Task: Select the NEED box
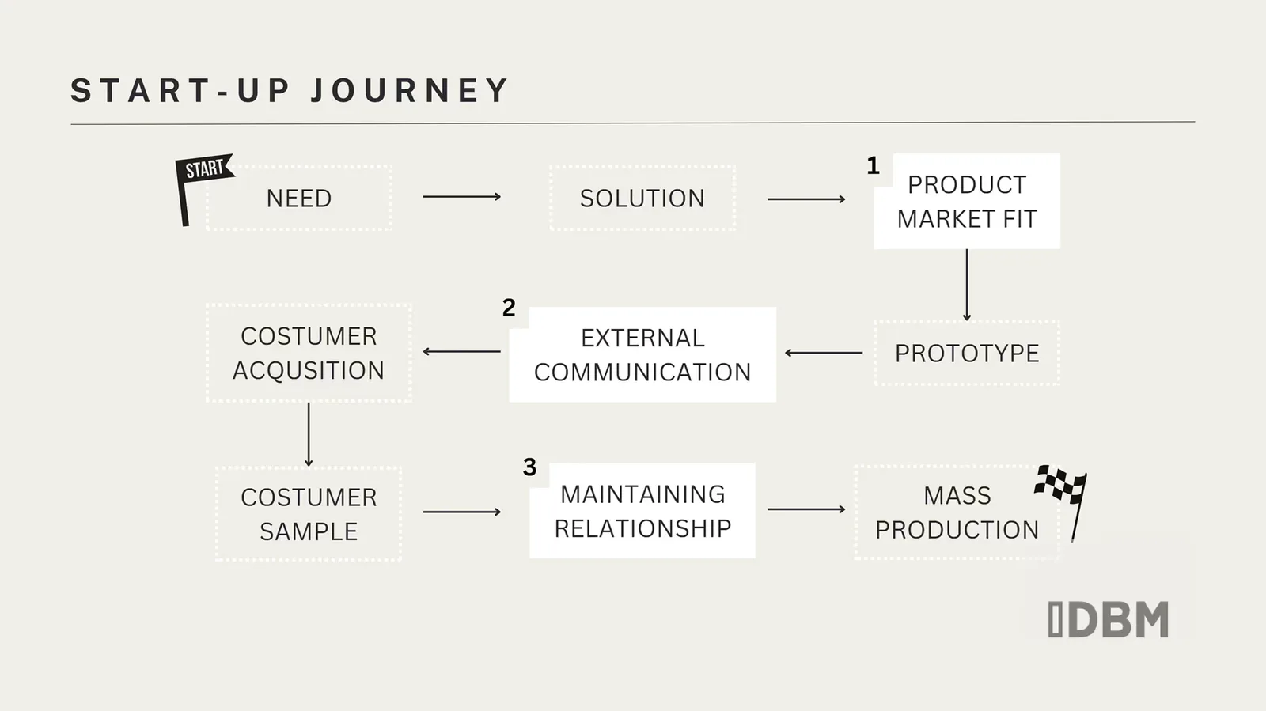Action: pos(299,199)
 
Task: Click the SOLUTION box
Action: pos(642,199)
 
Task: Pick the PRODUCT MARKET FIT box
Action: pos(967,202)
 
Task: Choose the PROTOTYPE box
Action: pos(967,354)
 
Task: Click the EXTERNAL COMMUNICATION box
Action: pos(642,355)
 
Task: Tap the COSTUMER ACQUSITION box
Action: pos(309,354)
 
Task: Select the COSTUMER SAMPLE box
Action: pos(309,514)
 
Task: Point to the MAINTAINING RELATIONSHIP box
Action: pos(642,511)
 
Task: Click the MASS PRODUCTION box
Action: pos(957,512)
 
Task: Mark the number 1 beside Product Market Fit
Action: pos(873,166)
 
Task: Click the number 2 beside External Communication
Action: pos(509,308)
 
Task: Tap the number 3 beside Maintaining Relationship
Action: pos(529,467)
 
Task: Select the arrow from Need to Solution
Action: pos(461,196)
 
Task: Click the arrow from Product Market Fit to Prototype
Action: pos(967,285)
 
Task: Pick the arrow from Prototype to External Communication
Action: pos(824,353)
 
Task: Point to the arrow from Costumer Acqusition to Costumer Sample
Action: pos(309,434)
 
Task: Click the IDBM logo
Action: pos(1108,619)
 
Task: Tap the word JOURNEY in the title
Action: pos(410,91)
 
